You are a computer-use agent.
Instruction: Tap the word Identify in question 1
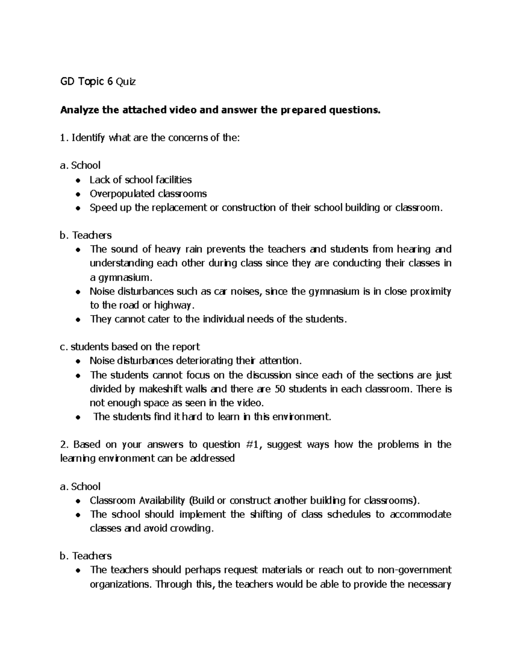coord(89,138)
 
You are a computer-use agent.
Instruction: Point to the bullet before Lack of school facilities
coord(78,180)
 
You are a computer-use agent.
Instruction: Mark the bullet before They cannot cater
coord(78,320)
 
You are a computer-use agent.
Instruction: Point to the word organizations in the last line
coord(120,584)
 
